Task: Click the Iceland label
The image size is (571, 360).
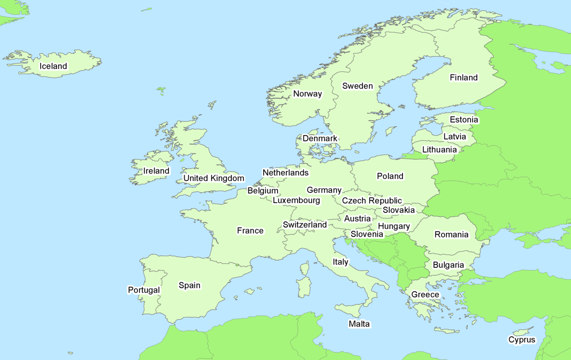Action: click(53, 66)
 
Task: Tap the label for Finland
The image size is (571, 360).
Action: click(463, 78)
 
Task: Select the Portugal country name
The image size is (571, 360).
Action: click(144, 290)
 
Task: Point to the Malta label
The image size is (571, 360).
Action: click(359, 324)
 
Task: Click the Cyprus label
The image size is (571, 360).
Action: click(522, 340)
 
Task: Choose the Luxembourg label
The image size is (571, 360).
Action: click(296, 200)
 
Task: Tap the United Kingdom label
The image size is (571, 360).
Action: click(214, 178)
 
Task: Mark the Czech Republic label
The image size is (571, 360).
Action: click(372, 201)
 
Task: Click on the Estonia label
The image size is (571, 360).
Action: click(464, 120)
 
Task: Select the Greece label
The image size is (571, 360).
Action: click(425, 294)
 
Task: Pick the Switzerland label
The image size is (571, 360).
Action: click(305, 224)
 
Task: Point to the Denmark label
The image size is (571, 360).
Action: click(320, 138)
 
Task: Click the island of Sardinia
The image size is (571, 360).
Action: click(304, 288)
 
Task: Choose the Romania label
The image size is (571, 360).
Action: click(451, 234)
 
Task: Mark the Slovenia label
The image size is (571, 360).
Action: click(367, 234)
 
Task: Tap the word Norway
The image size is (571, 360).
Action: click(307, 94)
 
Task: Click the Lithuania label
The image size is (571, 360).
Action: click(439, 149)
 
